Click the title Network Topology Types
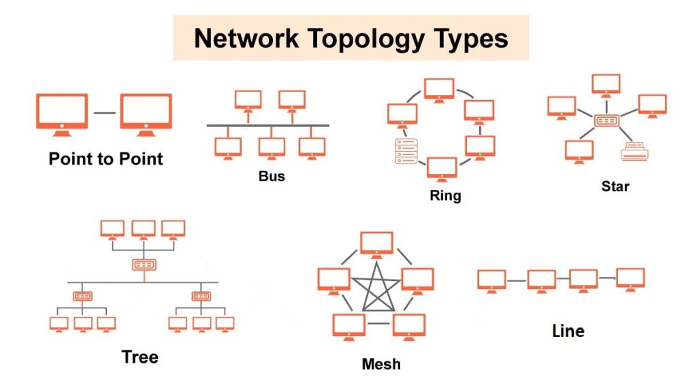pos(351,38)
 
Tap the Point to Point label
pos(106,159)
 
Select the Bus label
pos(272,176)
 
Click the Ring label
pos(445,196)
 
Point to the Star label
pos(615,185)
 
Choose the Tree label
pos(140,357)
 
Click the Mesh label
pos(381,364)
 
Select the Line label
pos(568,331)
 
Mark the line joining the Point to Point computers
pos(104,112)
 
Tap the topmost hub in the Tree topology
pos(144,264)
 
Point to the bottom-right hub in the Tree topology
pos(201,297)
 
